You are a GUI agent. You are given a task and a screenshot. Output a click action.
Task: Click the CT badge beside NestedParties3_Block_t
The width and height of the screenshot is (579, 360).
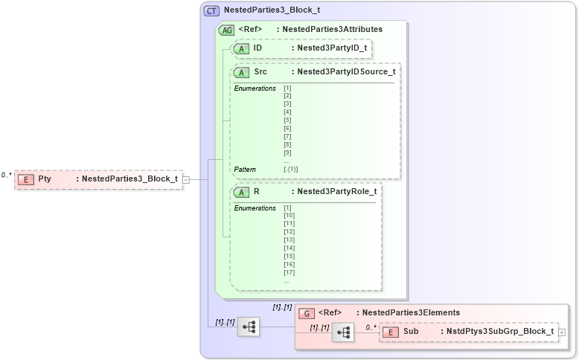[x=211, y=11]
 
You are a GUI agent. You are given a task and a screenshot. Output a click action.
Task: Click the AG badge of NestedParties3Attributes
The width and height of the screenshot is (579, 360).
[x=226, y=30]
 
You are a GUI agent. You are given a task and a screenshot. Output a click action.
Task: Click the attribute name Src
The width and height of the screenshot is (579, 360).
[x=260, y=72]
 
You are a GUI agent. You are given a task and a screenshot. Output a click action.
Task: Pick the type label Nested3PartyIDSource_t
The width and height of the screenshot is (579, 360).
[x=345, y=72]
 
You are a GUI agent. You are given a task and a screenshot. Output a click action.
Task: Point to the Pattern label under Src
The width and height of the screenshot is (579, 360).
[x=245, y=170]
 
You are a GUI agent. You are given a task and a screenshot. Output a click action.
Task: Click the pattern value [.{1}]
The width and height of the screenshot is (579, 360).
[x=291, y=170]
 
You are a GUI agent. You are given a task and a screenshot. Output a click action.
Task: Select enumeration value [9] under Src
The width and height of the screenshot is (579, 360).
[x=287, y=152]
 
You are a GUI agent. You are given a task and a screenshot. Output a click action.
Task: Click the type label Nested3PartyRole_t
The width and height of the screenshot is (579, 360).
[x=336, y=191]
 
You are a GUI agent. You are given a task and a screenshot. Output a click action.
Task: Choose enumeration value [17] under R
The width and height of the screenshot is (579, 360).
[x=289, y=272]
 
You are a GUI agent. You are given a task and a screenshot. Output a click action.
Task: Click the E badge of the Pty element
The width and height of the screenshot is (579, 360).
[x=26, y=179]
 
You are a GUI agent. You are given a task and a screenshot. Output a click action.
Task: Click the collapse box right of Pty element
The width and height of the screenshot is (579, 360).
[x=186, y=179]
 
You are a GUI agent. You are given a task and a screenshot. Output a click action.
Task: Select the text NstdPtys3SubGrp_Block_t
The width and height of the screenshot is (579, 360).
[x=500, y=332]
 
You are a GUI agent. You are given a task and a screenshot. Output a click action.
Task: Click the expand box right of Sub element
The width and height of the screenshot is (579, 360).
[x=562, y=332]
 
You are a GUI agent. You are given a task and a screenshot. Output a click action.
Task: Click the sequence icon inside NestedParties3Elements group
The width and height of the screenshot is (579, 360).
[x=344, y=333]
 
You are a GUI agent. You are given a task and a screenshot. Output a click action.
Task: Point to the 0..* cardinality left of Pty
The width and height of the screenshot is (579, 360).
[x=7, y=175]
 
